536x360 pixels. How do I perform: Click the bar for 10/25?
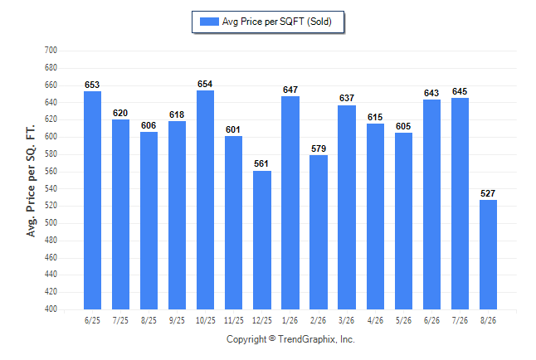pos(206,200)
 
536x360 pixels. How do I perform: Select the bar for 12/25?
pos(262,240)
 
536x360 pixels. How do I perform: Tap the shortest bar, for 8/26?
pos(488,255)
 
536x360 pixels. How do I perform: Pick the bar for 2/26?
pos(319,232)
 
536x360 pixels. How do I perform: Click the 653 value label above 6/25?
pos(92,85)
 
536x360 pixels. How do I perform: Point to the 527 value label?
pos(488,193)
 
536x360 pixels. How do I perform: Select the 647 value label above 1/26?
pos(290,90)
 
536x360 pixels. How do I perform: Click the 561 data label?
pos(261,163)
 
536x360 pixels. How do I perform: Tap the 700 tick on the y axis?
pos(51,51)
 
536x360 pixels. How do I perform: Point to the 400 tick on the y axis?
pos(51,309)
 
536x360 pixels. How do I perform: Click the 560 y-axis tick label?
pos(51,171)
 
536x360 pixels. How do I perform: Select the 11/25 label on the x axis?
pos(234,321)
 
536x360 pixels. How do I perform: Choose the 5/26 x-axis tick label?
pos(404,321)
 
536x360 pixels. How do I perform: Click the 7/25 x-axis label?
pos(120,321)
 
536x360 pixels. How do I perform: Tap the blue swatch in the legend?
pos(209,22)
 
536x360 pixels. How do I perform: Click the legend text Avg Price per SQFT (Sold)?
pos(277,22)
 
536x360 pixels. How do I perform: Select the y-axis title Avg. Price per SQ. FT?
pos(31,181)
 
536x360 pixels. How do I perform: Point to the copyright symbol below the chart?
pos(272,338)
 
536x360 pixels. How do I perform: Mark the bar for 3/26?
pos(347,207)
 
